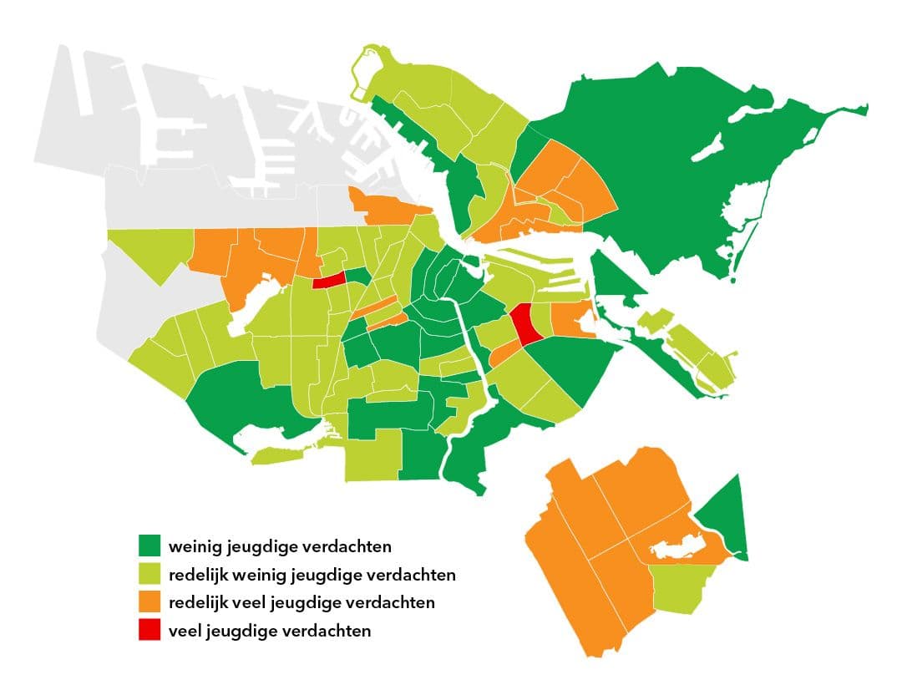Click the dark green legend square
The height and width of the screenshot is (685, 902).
coord(150,547)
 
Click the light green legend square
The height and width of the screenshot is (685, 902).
coord(150,575)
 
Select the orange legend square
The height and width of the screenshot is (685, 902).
coord(150,602)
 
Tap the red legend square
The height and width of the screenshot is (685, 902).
coord(150,630)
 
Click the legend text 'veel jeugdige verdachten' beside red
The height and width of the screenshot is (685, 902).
coord(269,631)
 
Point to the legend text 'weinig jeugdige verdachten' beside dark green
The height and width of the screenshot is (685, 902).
coord(280,548)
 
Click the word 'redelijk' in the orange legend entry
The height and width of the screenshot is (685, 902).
coord(195,603)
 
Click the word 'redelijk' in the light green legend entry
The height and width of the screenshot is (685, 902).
coord(195,576)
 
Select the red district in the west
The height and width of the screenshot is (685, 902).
coord(330,281)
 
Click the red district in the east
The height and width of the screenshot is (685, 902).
coord(526,324)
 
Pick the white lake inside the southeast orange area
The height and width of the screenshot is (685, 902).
coord(676,551)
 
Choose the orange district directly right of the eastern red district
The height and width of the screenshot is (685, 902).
coord(570,320)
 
